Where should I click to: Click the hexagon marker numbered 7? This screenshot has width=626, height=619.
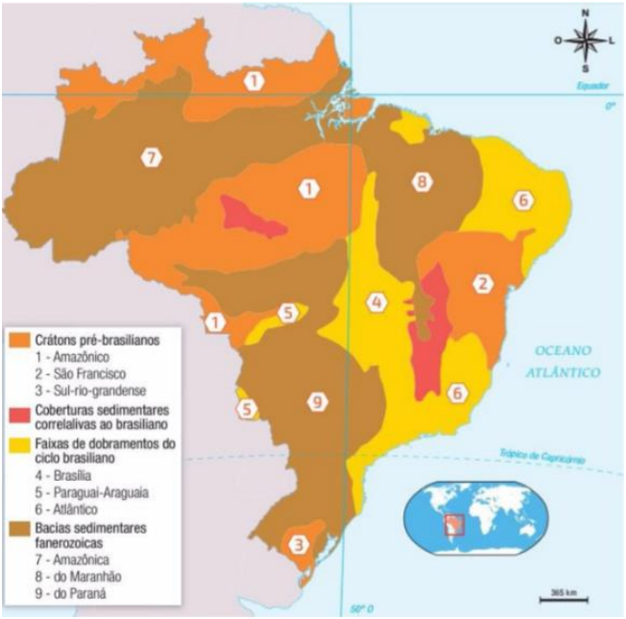coord(150,157)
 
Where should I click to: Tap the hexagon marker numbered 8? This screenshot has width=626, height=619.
coord(421,181)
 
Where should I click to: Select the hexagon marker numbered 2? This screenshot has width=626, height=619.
coord(484,283)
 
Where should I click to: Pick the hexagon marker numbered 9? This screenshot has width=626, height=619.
coord(314,401)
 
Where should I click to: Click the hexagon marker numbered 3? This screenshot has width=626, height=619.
coord(301,545)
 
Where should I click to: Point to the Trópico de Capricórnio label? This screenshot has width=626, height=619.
coord(542,457)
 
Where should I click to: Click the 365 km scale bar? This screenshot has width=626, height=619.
coord(564,597)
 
